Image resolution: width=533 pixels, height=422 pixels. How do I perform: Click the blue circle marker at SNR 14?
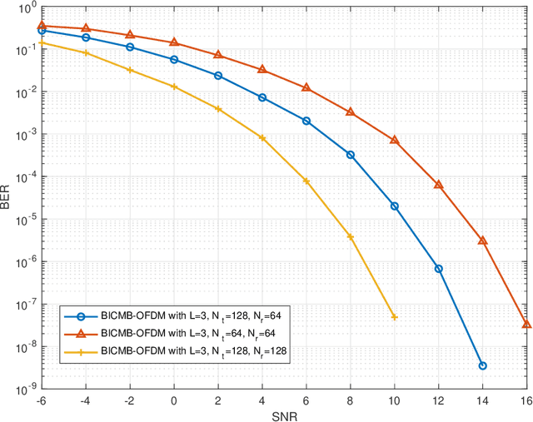(x=482, y=365)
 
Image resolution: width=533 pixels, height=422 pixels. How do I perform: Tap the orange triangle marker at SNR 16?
(x=526, y=324)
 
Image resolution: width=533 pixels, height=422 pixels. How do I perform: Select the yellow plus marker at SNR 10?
(x=394, y=317)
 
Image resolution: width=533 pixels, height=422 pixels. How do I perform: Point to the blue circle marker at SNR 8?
(x=350, y=155)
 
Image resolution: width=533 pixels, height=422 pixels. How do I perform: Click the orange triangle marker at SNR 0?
(x=174, y=42)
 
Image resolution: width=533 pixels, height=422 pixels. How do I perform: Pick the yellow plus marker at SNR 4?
(x=262, y=138)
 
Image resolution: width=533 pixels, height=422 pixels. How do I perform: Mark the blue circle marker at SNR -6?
(x=42, y=30)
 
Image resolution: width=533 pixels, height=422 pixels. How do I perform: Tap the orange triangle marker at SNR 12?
(x=438, y=184)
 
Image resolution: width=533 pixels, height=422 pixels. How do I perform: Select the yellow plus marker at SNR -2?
(x=130, y=70)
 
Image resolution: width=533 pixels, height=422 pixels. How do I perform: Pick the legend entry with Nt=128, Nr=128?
(x=192, y=352)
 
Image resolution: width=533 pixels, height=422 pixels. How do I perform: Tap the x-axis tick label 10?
(x=394, y=400)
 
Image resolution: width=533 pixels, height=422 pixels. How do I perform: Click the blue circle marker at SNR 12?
(x=438, y=269)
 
